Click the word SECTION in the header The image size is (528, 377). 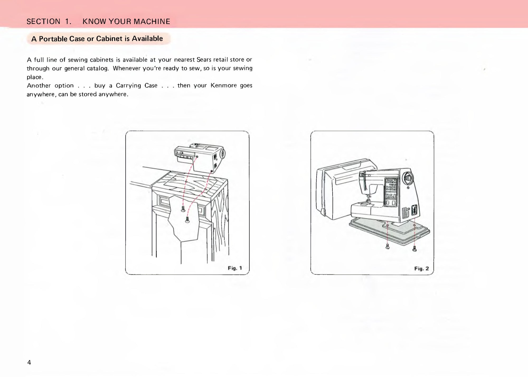[43, 21]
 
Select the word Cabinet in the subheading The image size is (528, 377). [109, 39]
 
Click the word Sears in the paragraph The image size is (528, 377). [204, 60]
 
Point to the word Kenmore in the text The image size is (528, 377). [224, 85]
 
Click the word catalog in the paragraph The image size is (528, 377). [98, 68]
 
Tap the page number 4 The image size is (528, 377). [29, 362]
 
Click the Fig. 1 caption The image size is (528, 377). [235, 268]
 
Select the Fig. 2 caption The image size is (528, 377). [421, 269]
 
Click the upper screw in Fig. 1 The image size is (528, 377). [183, 209]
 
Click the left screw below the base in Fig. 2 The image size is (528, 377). [388, 246]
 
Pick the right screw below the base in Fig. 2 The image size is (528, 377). [414, 249]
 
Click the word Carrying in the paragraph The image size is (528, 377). [128, 86]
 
